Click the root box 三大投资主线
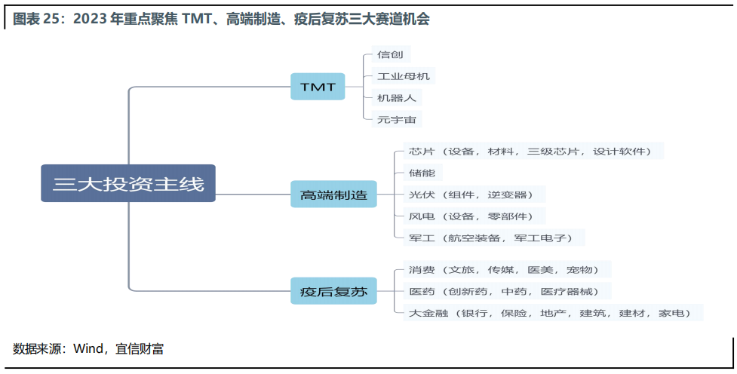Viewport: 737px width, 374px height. point(128,183)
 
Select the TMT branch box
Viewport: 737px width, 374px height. point(318,87)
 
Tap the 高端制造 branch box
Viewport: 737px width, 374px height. point(333,194)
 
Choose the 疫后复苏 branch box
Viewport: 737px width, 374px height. point(333,291)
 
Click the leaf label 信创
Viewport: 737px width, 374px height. point(390,54)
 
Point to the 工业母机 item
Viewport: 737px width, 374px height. point(404,76)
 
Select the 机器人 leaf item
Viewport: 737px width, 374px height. point(397,98)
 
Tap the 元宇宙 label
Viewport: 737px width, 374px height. point(397,119)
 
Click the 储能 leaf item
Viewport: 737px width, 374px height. point(422,173)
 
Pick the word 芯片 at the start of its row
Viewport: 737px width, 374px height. point(422,152)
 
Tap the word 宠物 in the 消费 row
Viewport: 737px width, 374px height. point(579,270)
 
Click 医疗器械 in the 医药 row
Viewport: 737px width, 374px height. point(567,291)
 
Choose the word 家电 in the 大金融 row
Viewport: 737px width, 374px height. point(671,313)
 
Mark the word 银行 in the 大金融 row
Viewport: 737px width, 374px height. point(474,313)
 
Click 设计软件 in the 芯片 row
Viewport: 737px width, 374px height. point(619,152)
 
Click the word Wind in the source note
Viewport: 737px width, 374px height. point(88,348)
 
